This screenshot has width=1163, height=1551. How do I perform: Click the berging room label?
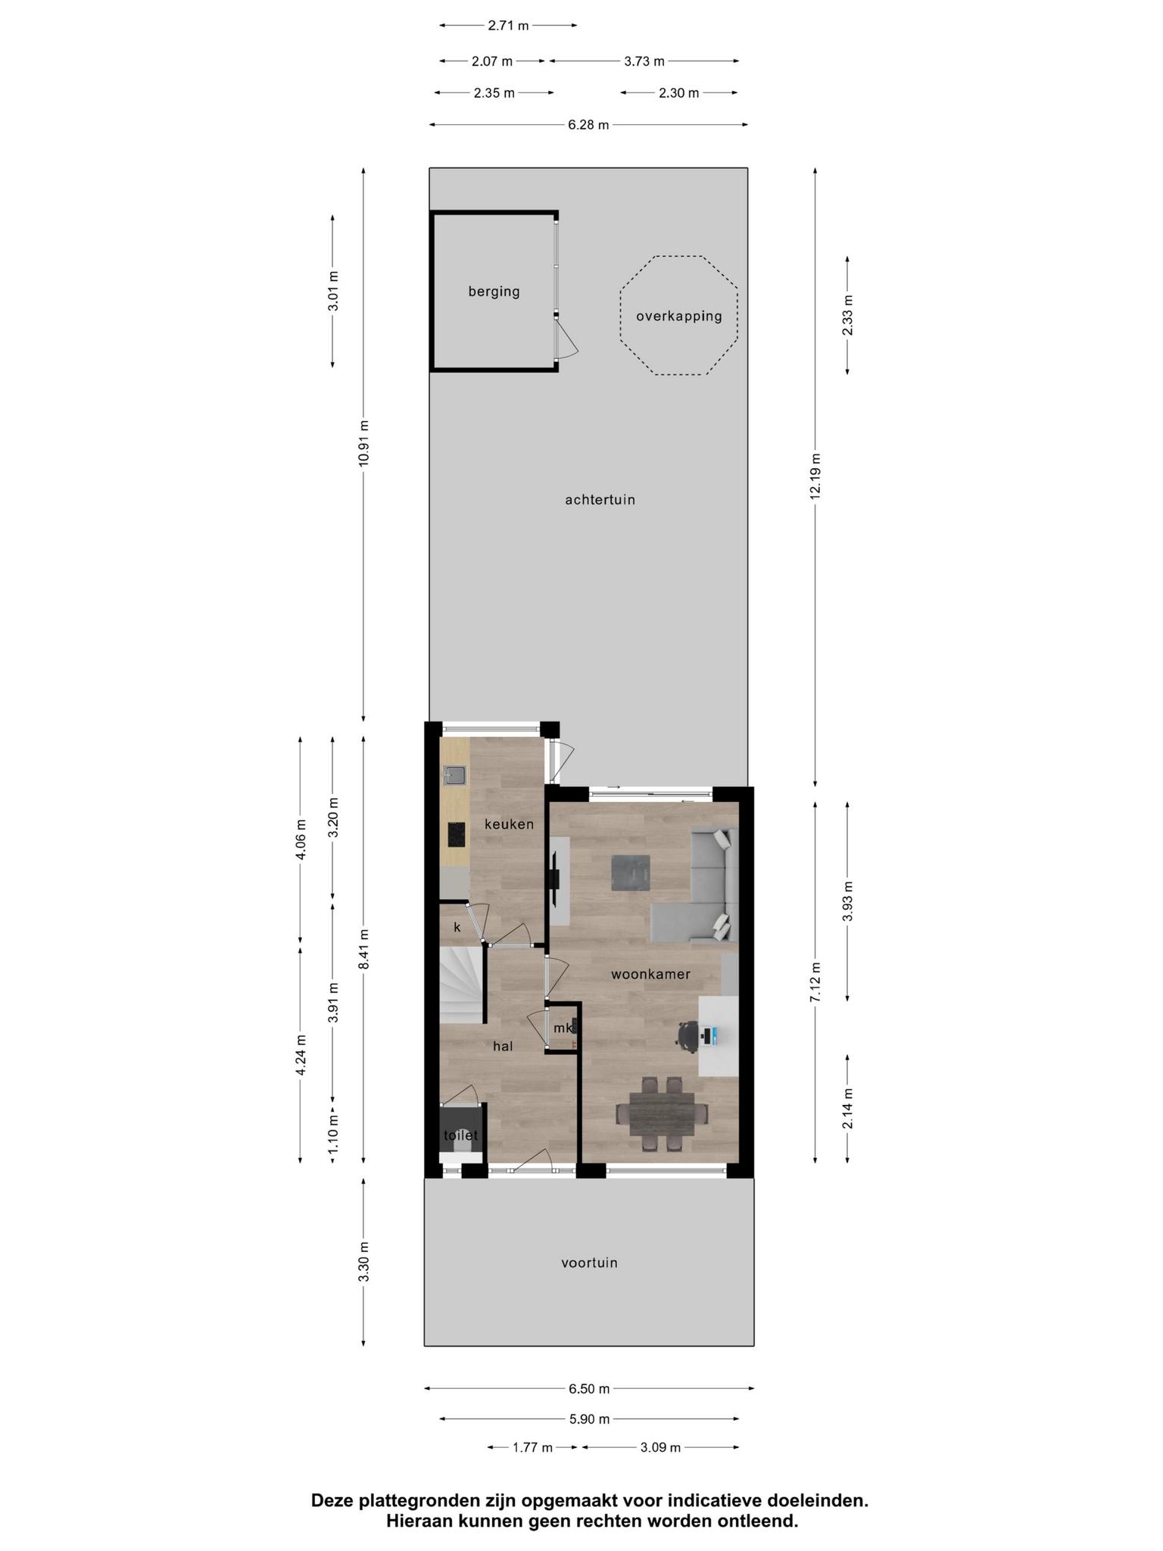tap(494, 292)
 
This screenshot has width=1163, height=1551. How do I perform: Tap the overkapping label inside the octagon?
tap(678, 317)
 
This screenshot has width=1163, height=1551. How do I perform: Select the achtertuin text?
tap(600, 500)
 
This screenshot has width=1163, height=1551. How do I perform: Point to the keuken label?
tap(509, 824)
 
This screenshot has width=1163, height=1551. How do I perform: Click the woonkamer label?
tap(650, 974)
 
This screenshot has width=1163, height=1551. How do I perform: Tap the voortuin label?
tap(589, 1262)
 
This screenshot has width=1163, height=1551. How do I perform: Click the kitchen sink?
tap(455, 775)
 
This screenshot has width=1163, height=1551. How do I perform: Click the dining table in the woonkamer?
tap(662, 1114)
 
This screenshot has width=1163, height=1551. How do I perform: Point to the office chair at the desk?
tap(688, 1036)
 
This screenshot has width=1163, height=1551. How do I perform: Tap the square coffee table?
tap(631, 872)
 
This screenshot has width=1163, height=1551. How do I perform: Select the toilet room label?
tap(460, 1135)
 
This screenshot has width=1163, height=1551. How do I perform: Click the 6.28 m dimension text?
tap(588, 125)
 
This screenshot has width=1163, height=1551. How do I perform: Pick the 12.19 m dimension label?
tap(815, 476)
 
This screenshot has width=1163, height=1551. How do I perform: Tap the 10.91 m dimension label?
tap(363, 443)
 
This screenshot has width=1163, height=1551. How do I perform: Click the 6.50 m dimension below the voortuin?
tap(589, 1389)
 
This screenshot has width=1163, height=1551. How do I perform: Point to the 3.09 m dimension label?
tap(660, 1447)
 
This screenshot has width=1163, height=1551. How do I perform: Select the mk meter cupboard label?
tap(563, 1028)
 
